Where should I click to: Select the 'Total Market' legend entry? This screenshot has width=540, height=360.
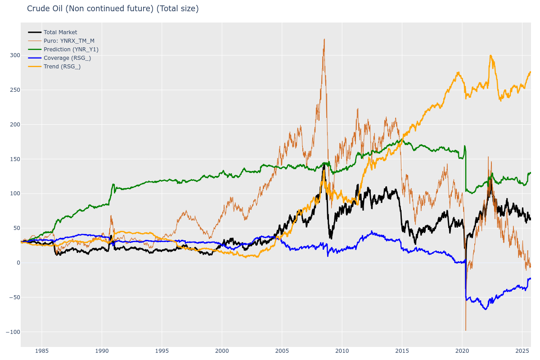(60, 32)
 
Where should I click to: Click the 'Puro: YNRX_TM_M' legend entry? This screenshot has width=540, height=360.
(69, 41)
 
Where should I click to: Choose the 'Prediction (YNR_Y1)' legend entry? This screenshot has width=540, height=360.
(71, 49)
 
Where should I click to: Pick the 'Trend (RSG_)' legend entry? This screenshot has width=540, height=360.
(62, 67)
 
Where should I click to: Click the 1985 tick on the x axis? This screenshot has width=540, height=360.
(42, 351)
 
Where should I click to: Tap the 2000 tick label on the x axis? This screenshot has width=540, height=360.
(222, 351)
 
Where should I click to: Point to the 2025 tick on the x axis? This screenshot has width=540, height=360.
(522, 351)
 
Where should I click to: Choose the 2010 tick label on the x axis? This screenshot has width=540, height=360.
(342, 351)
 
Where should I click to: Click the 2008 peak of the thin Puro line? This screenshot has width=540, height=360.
(324, 39)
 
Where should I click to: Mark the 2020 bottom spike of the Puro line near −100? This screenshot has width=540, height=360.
(466, 330)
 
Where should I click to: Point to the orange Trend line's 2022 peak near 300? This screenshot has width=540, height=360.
(490, 55)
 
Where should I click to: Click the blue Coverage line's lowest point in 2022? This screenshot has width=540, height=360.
(486, 309)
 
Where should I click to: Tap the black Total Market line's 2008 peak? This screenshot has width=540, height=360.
(324, 165)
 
